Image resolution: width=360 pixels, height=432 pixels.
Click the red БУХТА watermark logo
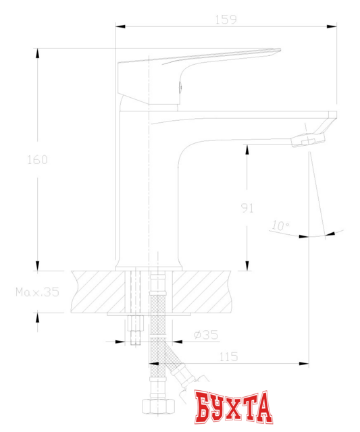point(234,407)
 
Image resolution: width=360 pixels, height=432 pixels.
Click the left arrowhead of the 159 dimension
point(121,27)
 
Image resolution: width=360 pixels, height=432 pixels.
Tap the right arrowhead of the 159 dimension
point(332,27)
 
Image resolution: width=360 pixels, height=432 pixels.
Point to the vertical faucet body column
point(149,196)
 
